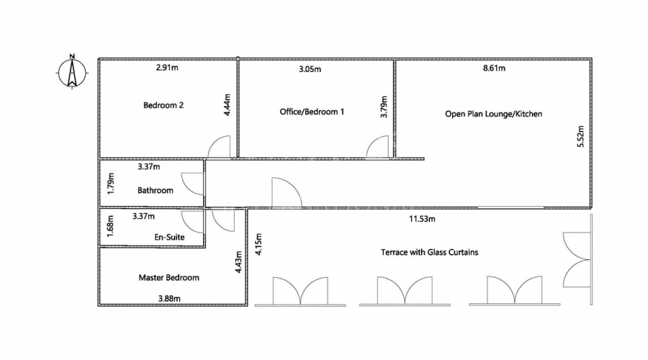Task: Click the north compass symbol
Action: (x=72, y=72)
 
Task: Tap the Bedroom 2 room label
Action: (x=163, y=105)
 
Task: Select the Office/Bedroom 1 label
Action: (x=312, y=112)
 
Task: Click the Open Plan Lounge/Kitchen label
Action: (x=493, y=114)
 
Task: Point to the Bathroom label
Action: (x=156, y=191)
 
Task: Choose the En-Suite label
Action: (x=169, y=238)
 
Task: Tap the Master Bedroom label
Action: (x=168, y=278)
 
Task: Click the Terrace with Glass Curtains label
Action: (x=429, y=252)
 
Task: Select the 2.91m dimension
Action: (x=167, y=68)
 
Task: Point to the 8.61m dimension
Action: (x=494, y=68)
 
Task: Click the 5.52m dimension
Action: (x=580, y=136)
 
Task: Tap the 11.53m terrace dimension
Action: (x=422, y=219)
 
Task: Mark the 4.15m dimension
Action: (x=258, y=244)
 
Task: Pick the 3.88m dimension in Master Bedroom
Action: (x=169, y=298)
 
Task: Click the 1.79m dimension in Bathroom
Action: (x=110, y=184)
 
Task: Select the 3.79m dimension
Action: (x=384, y=107)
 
